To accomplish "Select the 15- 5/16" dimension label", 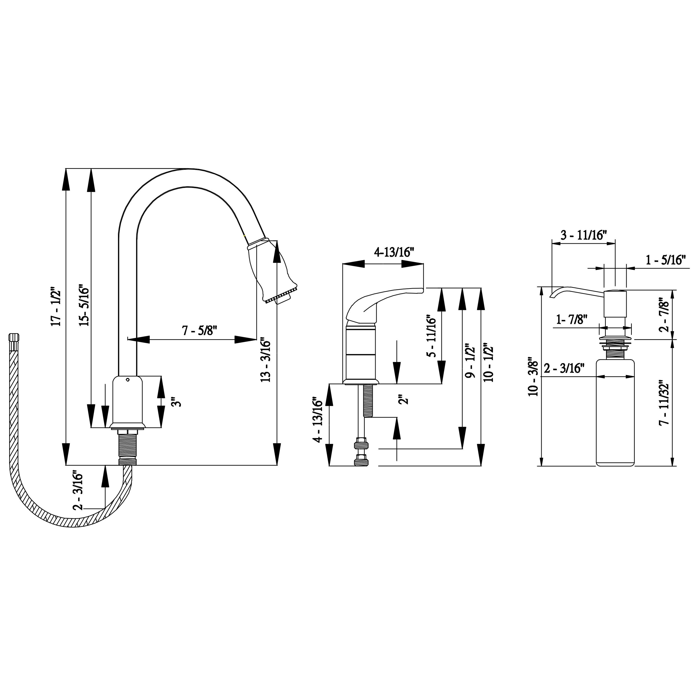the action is click(x=83, y=305).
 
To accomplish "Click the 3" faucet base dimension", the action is click(x=176, y=402).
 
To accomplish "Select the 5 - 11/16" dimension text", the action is click(x=431, y=336).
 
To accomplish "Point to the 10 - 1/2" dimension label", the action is click(x=489, y=364).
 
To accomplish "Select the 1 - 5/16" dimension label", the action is click(x=666, y=260).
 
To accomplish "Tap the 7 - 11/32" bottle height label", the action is click(x=664, y=403).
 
